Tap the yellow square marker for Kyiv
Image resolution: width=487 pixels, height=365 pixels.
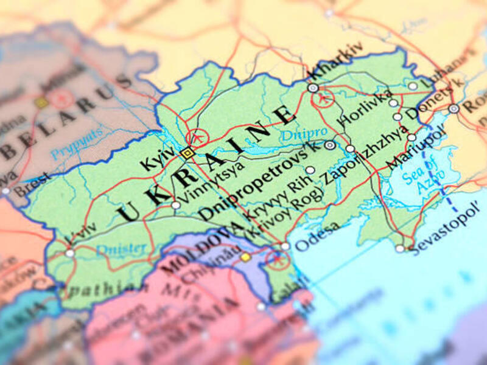(x=187, y=153)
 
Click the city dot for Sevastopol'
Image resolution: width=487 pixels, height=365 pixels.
(x=399, y=248)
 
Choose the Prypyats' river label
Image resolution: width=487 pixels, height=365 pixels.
(x=77, y=142)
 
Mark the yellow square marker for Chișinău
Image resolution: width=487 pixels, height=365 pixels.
(x=245, y=257)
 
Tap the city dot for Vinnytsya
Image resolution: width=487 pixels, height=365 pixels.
(x=176, y=205)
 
